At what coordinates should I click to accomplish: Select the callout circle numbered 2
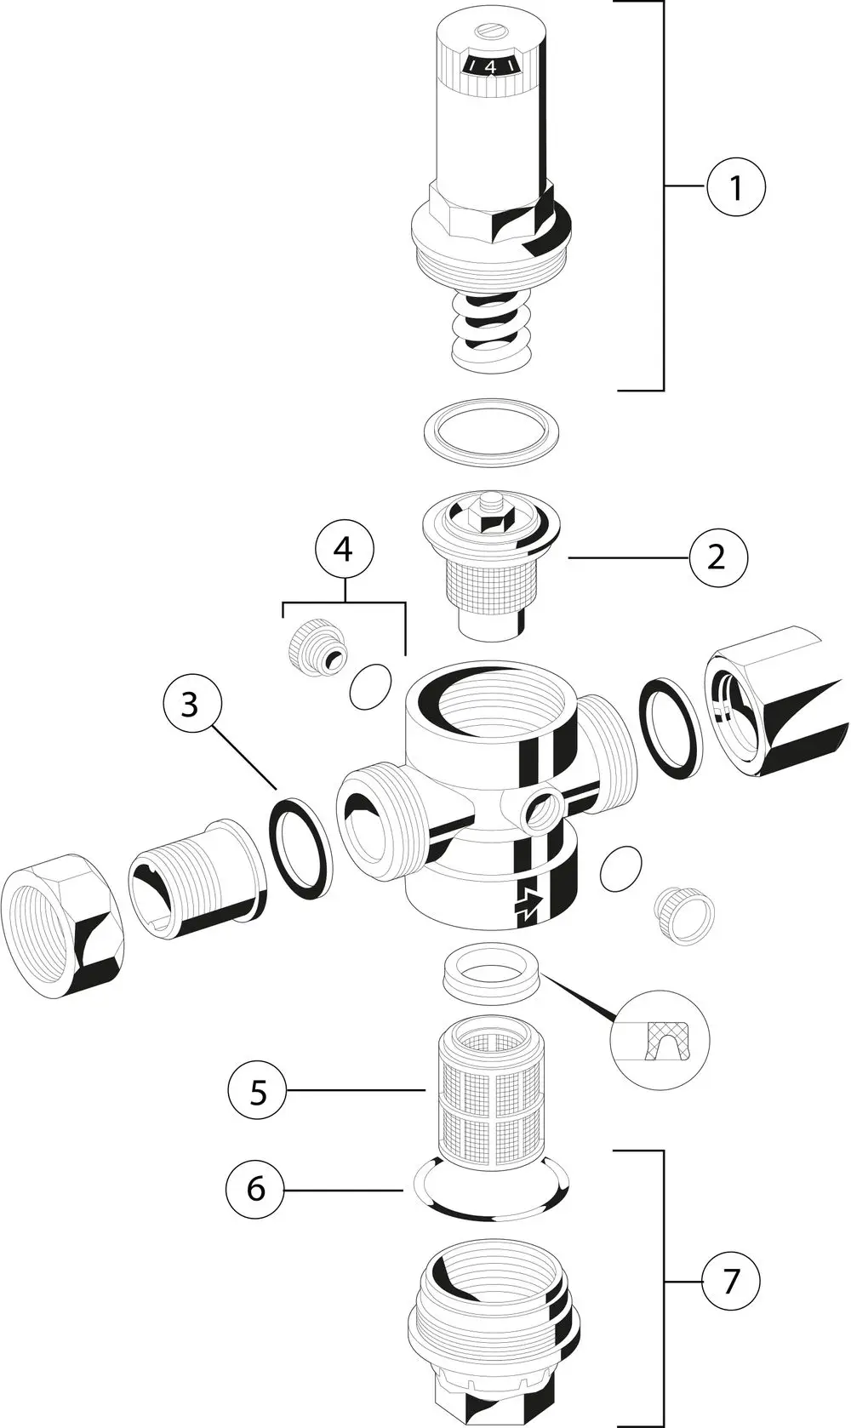click(x=717, y=557)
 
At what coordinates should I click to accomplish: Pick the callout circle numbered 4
click(x=344, y=549)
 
